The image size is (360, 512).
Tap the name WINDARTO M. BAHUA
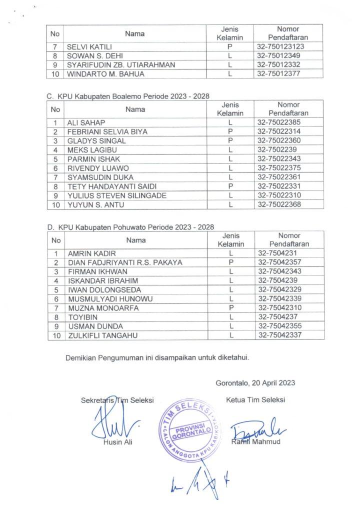point(105,74)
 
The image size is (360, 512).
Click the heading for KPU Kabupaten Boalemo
point(128,95)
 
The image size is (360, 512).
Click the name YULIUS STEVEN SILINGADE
point(116,195)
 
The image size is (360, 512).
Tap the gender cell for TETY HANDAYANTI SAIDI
point(230,186)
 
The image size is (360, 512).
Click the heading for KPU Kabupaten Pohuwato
point(131,227)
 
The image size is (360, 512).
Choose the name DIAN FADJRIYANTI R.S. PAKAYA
point(125,262)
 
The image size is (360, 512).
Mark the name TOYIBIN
point(83,317)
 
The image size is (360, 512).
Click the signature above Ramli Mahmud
point(257,429)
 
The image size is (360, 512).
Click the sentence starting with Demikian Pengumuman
point(157,358)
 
